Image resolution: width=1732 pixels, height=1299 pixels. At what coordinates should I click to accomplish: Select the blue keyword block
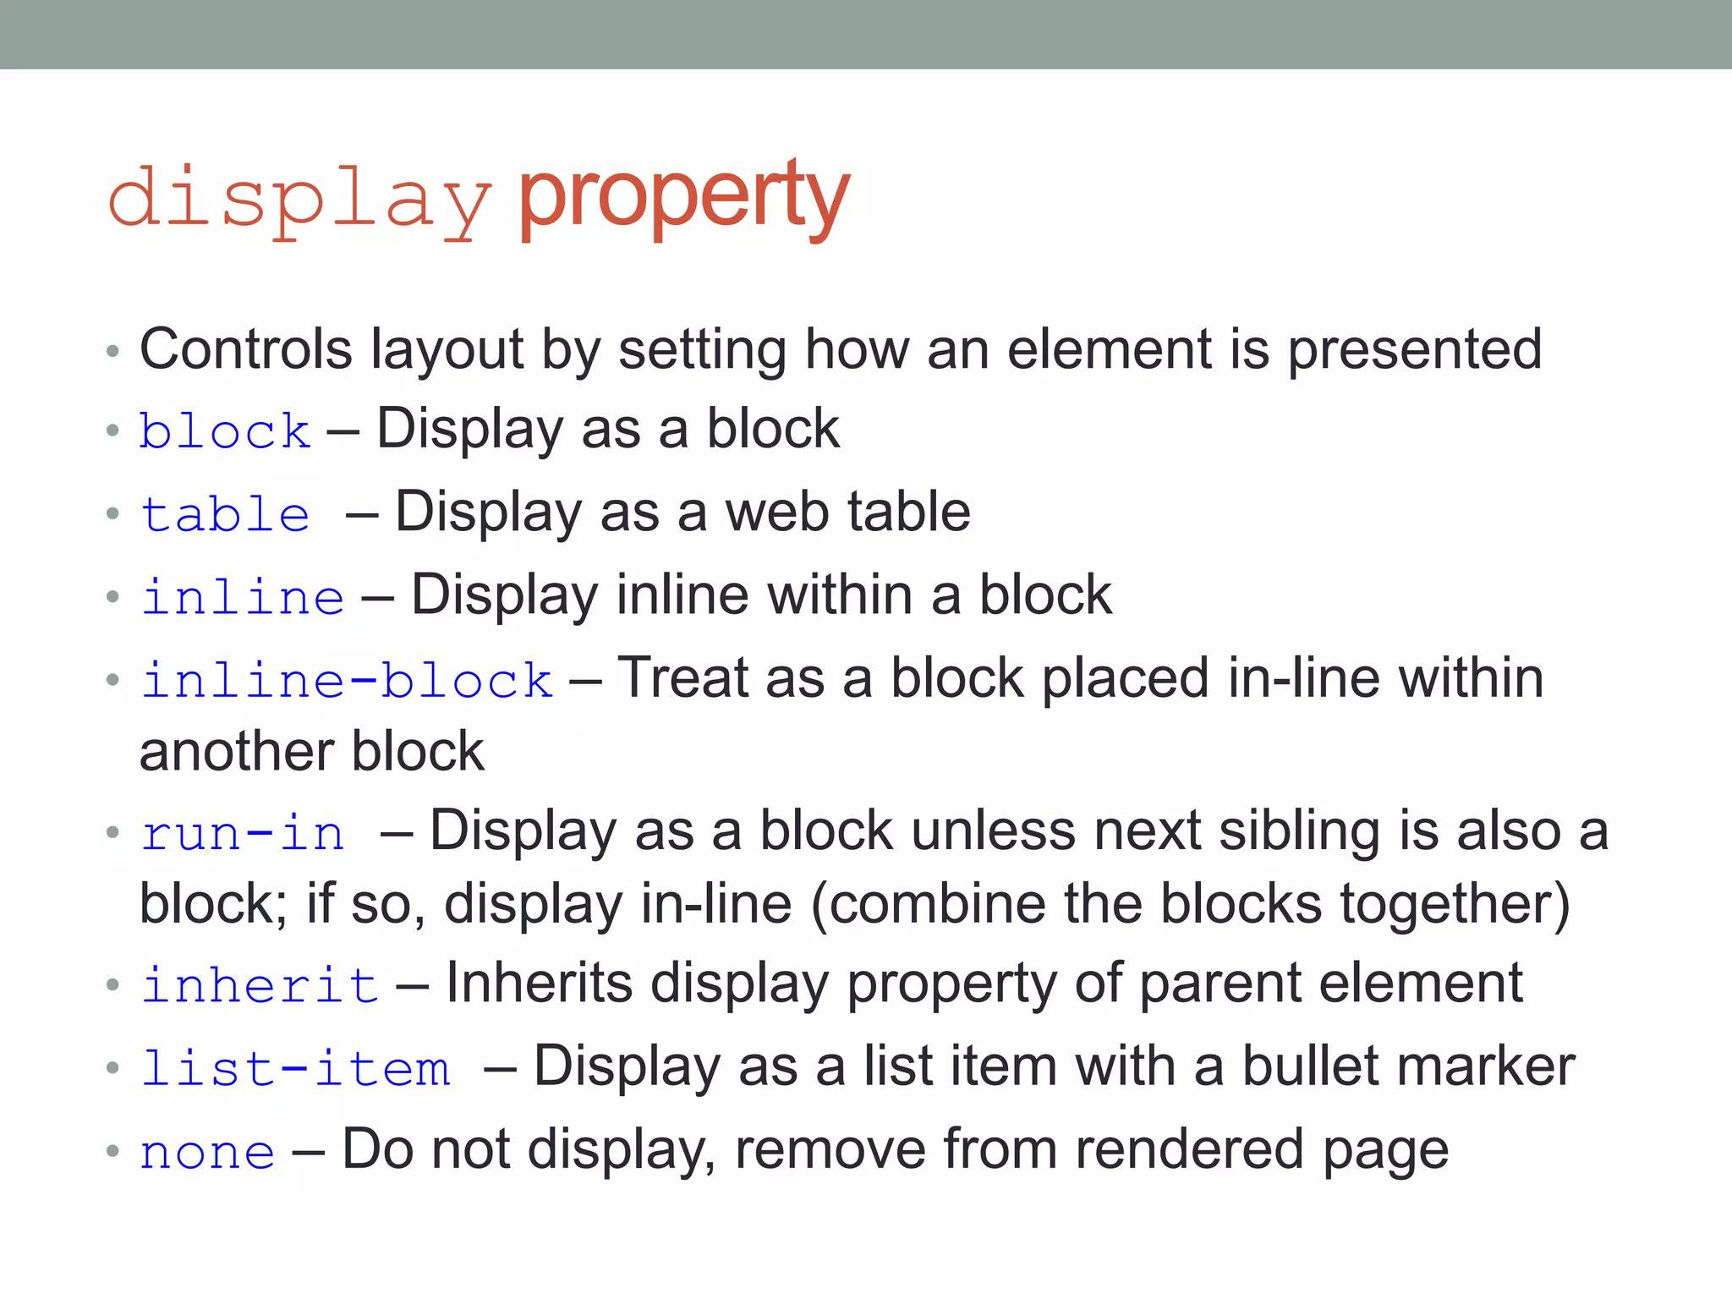point(225,431)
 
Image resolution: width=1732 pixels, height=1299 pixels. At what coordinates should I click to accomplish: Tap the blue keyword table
point(226,514)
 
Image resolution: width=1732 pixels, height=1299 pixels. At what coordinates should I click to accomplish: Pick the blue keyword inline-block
point(348,681)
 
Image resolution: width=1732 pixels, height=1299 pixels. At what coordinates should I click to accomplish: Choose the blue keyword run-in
point(243,833)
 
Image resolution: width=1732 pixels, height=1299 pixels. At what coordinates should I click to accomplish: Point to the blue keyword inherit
point(260,985)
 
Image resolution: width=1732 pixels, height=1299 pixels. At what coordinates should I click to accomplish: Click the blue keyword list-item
point(295,1068)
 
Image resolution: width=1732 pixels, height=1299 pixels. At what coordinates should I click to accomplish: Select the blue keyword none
point(208,1152)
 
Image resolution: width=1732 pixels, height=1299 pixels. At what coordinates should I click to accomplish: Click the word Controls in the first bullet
point(246,348)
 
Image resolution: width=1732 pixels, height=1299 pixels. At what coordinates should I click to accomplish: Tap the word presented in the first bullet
point(1415,350)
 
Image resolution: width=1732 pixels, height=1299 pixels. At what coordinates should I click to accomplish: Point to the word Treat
point(682,678)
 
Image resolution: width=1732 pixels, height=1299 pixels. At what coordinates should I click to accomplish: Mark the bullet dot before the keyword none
point(113,1151)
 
